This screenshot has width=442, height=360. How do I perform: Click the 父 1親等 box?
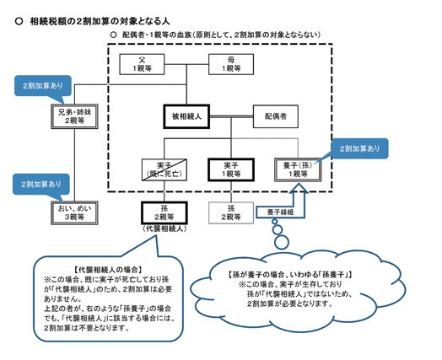142,64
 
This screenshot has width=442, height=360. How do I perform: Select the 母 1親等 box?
231,64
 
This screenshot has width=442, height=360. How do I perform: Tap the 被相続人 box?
186,116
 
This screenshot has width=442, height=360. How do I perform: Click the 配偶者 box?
275,116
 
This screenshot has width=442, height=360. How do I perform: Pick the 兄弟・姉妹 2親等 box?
75,116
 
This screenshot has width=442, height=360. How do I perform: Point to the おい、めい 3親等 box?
75,213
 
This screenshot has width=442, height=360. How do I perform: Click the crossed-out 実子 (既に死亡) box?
164,169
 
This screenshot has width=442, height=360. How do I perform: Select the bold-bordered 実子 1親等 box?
231,169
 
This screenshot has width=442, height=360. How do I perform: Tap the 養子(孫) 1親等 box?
298,169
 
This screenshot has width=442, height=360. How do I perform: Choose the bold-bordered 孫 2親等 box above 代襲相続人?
164,213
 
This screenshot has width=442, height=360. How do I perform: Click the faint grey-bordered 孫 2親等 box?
231,213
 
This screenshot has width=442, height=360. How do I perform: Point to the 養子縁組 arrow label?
280,212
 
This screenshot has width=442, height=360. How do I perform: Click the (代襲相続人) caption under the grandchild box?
164,228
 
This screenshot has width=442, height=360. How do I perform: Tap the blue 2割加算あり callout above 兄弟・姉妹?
43,86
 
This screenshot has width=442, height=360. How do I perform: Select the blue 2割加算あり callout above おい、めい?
41,185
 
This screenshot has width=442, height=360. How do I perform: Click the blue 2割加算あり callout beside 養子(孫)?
359,148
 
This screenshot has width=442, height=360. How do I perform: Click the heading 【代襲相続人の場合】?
108,270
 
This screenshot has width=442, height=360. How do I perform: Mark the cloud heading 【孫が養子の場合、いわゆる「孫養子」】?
290,275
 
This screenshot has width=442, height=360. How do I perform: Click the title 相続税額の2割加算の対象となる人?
100,21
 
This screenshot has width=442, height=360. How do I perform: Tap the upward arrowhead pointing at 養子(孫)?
299,188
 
